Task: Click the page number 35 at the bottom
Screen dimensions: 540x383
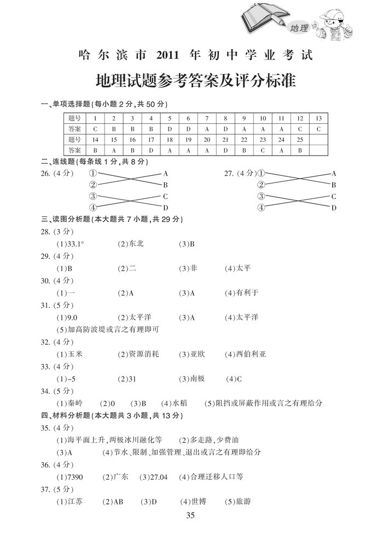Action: click(x=190, y=515)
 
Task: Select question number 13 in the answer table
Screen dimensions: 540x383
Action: click(x=318, y=118)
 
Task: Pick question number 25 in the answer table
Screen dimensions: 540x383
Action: click(x=299, y=139)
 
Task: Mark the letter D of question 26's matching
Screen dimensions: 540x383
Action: click(x=165, y=208)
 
